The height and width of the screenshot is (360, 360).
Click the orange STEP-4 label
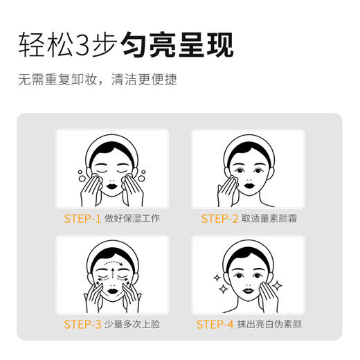(x=215, y=324)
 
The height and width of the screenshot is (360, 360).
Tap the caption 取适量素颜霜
(x=273, y=219)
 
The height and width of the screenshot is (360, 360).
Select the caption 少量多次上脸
(x=132, y=324)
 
